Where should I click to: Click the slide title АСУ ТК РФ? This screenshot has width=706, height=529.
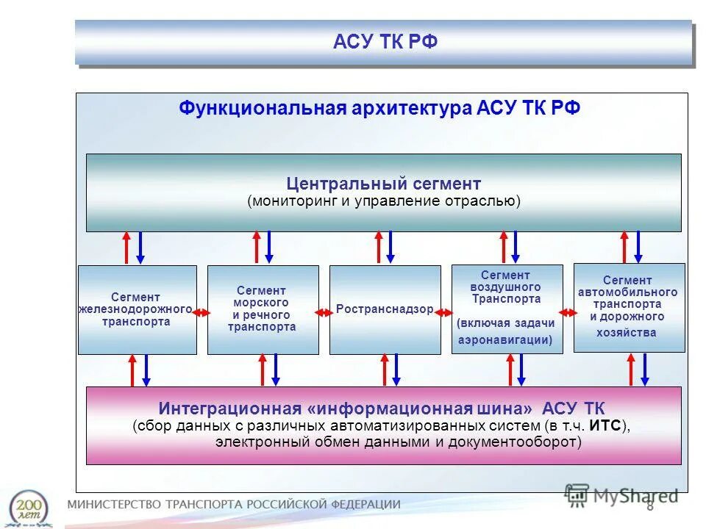pos(385,42)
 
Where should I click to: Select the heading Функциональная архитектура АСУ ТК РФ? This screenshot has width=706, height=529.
pos(379,109)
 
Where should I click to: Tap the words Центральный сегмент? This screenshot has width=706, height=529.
pos(384,183)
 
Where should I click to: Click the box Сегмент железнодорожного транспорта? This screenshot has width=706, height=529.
pos(137,310)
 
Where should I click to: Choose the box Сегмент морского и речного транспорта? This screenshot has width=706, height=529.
pos(263,309)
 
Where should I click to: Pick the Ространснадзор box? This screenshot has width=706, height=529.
pos(385,310)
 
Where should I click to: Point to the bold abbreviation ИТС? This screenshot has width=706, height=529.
pos(607,426)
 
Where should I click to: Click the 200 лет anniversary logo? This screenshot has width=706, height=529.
pos(30,507)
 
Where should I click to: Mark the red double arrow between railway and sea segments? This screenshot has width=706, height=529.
pos(202,313)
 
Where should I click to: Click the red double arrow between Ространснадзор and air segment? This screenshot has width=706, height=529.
pos(446,313)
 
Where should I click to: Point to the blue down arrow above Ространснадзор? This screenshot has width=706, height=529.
pos(391,247)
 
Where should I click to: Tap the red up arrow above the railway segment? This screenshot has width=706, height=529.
pos(126,248)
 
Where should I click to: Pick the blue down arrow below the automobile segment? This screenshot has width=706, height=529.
pos(644,370)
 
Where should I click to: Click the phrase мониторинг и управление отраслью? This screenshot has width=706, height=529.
pos(384,201)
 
